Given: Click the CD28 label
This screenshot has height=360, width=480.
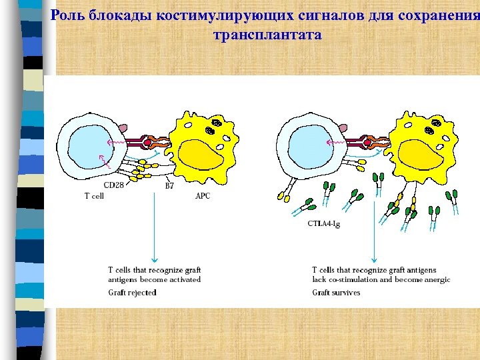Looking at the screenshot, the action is point(113,185).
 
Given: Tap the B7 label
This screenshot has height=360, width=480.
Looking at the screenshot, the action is point(169,186).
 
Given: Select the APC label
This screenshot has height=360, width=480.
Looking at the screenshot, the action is point(203,196).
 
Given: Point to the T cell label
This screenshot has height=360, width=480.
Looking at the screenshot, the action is point(93,196).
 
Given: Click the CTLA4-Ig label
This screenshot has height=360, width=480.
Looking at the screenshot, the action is point(324,225).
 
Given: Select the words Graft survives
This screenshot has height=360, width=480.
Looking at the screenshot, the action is point(336,292).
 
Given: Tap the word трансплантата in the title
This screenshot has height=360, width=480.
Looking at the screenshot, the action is point(267,34).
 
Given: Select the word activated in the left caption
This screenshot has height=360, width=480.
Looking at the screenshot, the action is point(185,280).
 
